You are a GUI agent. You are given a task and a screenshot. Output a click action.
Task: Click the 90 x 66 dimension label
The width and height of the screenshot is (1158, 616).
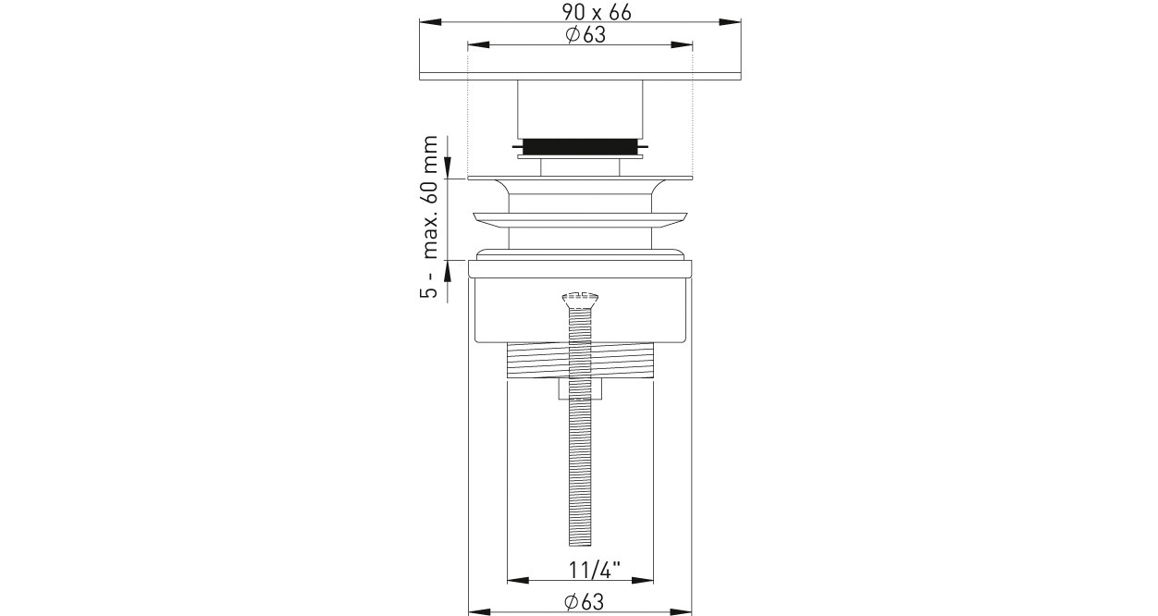click(x=597, y=12)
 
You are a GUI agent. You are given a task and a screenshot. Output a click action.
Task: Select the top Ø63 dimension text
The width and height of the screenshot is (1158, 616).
click(x=585, y=35)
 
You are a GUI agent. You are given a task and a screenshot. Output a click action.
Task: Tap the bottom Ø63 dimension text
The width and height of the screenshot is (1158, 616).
click(x=585, y=602)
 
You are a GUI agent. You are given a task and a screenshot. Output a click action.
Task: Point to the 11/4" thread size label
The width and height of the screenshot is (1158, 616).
click(x=595, y=571)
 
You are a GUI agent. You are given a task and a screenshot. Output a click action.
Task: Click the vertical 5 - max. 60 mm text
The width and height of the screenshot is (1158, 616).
click(x=429, y=217)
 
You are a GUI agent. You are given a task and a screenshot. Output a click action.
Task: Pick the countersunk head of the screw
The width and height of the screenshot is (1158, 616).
click(x=580, y=300)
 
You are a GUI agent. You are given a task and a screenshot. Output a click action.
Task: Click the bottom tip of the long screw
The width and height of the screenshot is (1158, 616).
click(x=580, y=546)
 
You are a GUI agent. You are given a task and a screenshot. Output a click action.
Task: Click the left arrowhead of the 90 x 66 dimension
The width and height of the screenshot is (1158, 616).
click(x=430, y=22)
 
